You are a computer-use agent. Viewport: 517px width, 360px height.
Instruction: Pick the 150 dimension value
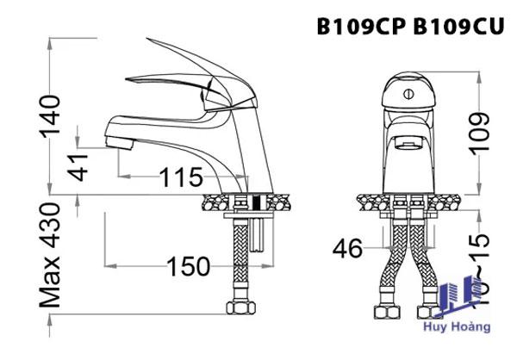188,267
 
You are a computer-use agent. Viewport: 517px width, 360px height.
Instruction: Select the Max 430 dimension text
51,256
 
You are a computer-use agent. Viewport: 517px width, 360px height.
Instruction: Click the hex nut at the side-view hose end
237,307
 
